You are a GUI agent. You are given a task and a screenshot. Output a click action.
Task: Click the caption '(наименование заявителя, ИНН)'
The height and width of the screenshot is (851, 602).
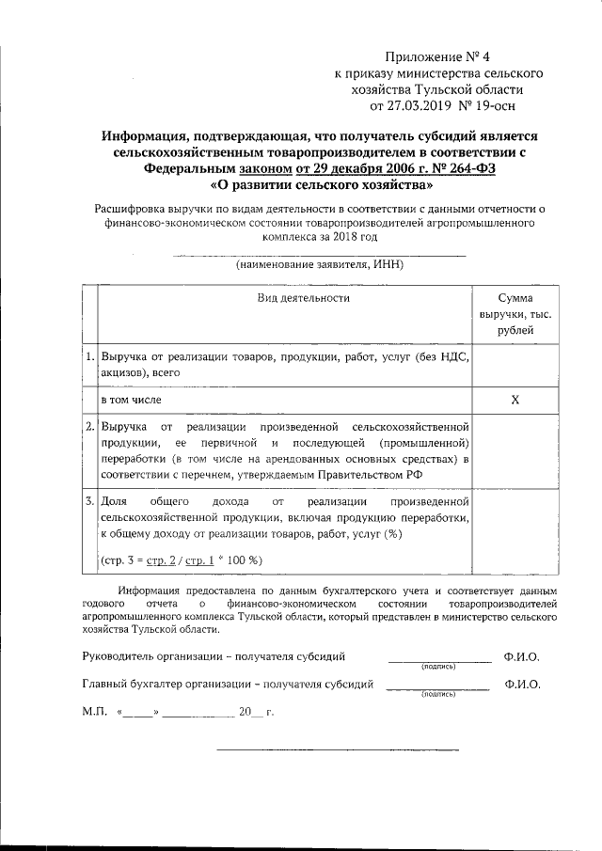(320, 265)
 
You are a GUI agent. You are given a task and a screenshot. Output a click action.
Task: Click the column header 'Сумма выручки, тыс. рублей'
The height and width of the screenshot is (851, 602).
(515, 314)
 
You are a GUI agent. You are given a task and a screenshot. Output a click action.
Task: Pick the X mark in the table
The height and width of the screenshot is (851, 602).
(515, 401)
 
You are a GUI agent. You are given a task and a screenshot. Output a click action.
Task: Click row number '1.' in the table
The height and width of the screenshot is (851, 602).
(88, 357)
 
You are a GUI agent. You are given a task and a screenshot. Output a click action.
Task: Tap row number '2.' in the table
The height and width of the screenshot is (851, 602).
(88, 427)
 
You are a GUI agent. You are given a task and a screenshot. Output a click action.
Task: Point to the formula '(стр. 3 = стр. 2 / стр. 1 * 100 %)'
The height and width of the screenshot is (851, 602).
(182, 560)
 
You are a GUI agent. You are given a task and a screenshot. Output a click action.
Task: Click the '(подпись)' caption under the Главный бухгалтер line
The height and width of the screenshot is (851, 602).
(438, 696)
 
